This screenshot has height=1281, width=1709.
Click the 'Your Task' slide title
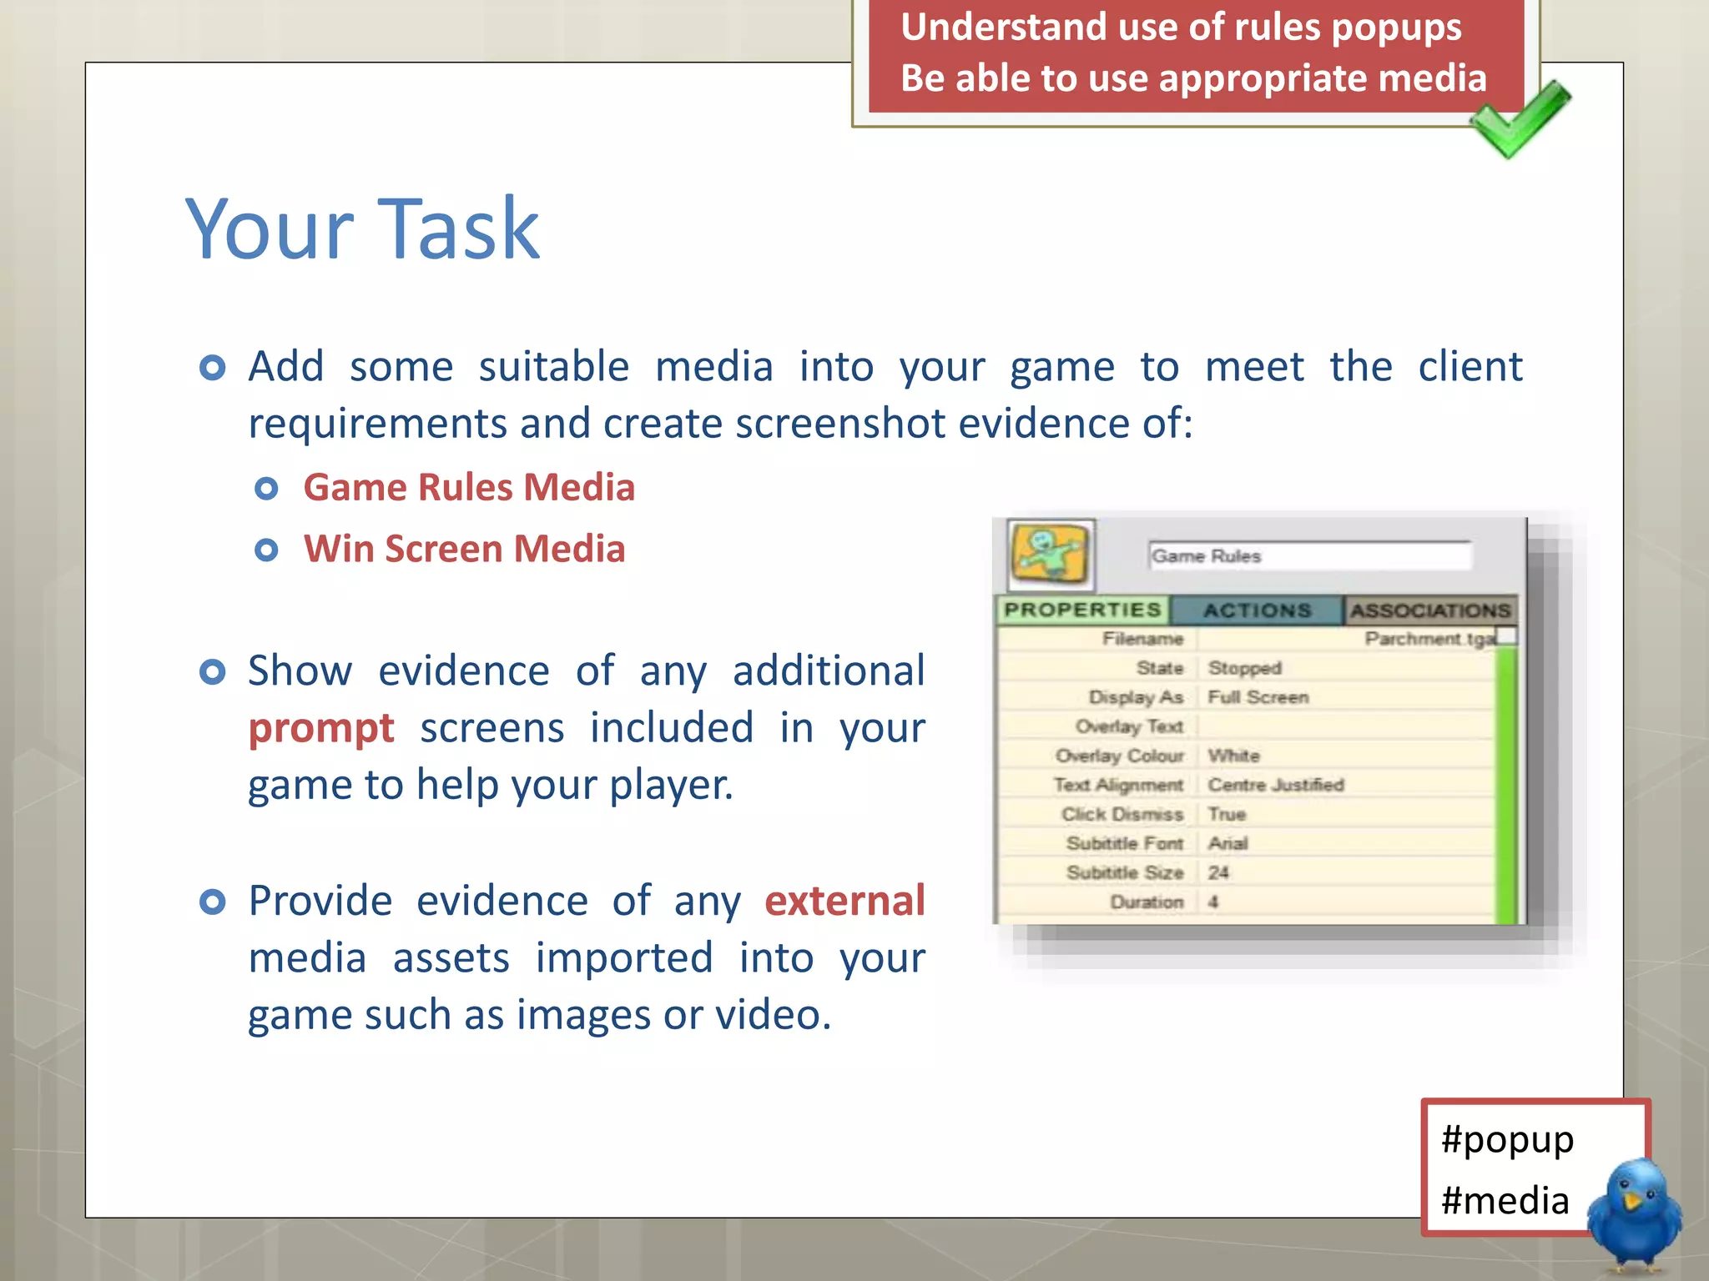[362, 229]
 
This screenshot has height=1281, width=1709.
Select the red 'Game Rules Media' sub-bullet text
[468, 487]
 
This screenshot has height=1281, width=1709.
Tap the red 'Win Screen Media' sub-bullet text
[464, 549]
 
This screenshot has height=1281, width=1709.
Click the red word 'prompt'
[321, 728]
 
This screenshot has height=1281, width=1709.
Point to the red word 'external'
[844, 901]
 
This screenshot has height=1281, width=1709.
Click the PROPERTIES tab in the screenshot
[1082, 610]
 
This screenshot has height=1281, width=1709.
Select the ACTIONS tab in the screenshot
[1257, 610]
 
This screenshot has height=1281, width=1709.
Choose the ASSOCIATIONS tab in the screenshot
[1430, 610]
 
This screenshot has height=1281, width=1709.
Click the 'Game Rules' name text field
[1308, 555]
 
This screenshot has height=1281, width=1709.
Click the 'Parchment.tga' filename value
[1429, 639]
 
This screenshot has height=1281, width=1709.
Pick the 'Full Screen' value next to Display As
[1258, 697]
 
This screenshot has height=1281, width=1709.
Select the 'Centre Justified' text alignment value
[1276, 785]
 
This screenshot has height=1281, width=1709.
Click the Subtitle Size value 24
[1218, 872]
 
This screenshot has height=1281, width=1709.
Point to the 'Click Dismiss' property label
[1122, 814]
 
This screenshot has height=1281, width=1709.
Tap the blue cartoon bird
[1634, 1213]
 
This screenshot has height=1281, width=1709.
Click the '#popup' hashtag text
[1507, 1139]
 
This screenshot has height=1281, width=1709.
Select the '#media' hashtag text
[1505, 1201]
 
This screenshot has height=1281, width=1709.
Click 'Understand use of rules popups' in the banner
[1181, 27]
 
